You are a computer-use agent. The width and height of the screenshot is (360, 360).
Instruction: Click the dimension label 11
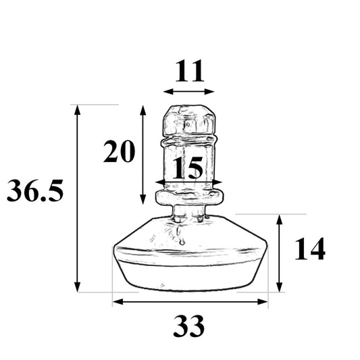tap(189, 70)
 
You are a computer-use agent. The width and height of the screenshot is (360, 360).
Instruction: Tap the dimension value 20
tap(120, 153)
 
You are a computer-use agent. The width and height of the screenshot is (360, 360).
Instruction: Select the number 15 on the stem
tap(186, 168)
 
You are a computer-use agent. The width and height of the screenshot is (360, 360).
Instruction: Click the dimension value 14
tap(309, 249)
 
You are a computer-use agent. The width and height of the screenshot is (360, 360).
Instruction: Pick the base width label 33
tap(189, 328)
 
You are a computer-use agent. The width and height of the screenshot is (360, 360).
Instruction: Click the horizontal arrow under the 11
tap(189, 91)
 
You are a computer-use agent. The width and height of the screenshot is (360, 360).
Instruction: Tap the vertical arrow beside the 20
tap(143, 155)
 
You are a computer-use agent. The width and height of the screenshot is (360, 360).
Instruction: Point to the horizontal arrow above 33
tap(190, 302)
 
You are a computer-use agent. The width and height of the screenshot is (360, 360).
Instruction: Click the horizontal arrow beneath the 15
tap(189, 182)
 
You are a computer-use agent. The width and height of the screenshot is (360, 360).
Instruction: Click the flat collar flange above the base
tap(189, 198)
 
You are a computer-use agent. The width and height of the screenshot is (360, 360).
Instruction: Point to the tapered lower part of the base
tap(189, 274)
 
